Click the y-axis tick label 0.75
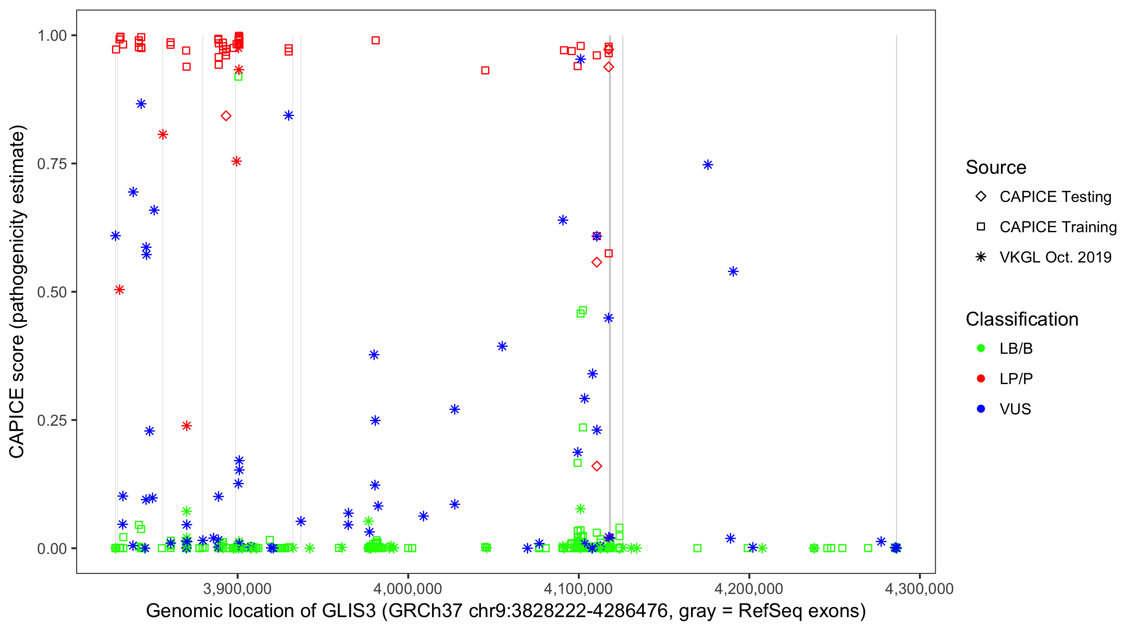pyautogui.click(x=51, y=164)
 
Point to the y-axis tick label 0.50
pyautogui.click(x=51, y=292)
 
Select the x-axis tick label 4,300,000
pyautogui.click(x=919, y=589)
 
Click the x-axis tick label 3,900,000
pyautogui.click(x=238, y=589)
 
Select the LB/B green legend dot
pyautogui.click(x=981, y=348)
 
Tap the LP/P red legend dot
pyautogui.click(x=981, y=379)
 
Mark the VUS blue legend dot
pyautogui.click(x=981, y=409)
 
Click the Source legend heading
pyautogui.click(x=996, y=167)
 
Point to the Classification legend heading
pyautogui.click(x=1022, y=319)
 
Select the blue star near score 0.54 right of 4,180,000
pyautogui.click(x=733, y=272)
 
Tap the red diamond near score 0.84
pyautogui.click(x=226, y=116)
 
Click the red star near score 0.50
pyautogui.click(x=120, y=290)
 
